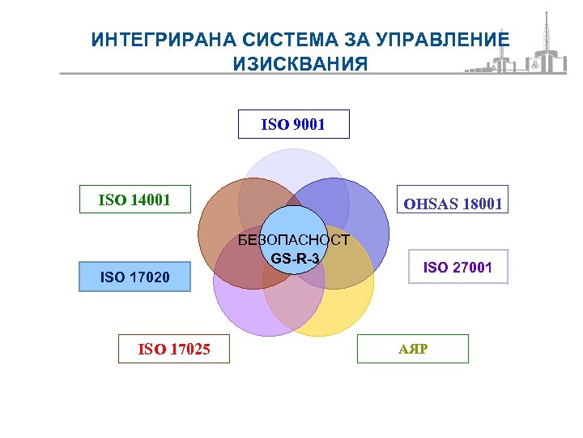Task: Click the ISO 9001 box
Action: pyautogui.click(x=293, y=124)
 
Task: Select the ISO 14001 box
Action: pyautogui.click(x=134, y=199)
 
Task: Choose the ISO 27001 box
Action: pyautogui.click(x=457, y=266)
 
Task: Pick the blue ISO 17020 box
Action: pyautogui.click(x=134, y=277)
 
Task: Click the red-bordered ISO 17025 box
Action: pyautogui.click(x=174, y=349)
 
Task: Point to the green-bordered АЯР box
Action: pyautogui.click(x=413, y=348)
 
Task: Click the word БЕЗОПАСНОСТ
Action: pyautogui.click(x=294, y=240)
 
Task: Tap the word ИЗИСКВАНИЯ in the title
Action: pyautogui.click(x=300, y=64)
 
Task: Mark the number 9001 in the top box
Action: pyautogui.click(x=307, y=125)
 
